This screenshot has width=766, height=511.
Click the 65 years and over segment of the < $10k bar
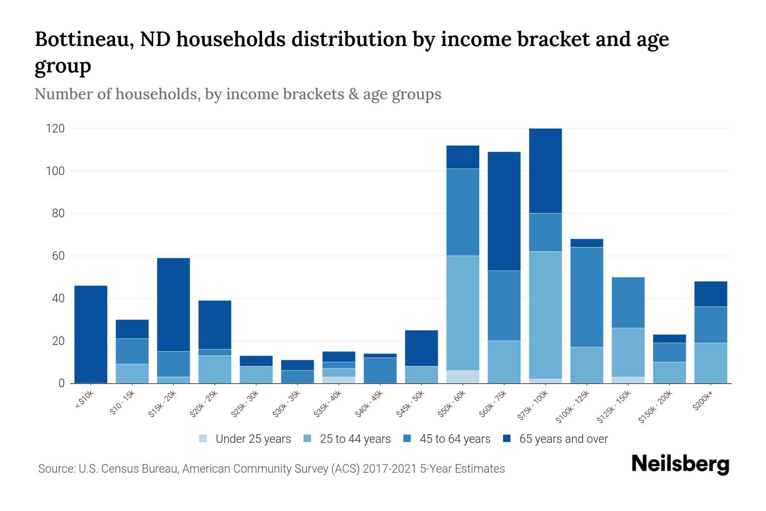coord(91,334)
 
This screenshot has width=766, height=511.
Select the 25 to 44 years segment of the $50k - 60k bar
coord(463,313)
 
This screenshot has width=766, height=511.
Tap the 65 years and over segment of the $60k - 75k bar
coord(504,211)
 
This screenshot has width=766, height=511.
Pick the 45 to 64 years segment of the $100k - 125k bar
coord(587,297)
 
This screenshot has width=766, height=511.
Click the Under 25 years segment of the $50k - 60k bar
coord(463,377)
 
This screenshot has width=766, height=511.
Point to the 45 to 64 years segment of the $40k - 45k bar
coord(380,370)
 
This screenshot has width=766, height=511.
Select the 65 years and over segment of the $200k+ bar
coord(711,294)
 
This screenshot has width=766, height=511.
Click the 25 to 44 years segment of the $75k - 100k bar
coord(545,315)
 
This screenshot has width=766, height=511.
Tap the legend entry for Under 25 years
coord(245,439)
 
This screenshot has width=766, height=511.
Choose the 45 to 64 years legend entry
coord(447,439)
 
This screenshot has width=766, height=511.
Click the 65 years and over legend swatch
coord(507,439)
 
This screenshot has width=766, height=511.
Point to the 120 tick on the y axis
coord(55,129)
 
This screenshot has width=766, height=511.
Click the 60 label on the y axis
coord(58,256)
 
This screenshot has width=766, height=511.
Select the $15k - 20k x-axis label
coord(163,404)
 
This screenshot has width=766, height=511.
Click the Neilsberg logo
coord(680,465)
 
